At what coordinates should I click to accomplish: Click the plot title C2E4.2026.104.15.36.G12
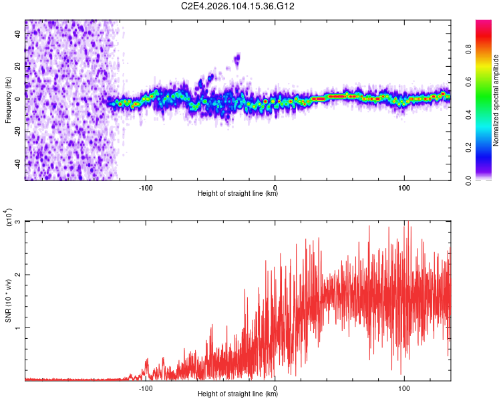point(238,6)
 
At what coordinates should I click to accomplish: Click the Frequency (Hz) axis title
point(9,100)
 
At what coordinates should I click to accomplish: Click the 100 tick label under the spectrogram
point(404,187)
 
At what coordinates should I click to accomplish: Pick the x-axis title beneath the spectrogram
point(238,194)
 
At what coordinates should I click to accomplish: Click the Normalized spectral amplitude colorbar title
point(496,100)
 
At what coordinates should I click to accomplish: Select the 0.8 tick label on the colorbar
point(469,49)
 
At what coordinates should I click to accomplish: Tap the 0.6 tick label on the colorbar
point(469,82)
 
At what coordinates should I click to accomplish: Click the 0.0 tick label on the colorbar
point(469,180)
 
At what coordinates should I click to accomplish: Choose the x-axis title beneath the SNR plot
point(238,394)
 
